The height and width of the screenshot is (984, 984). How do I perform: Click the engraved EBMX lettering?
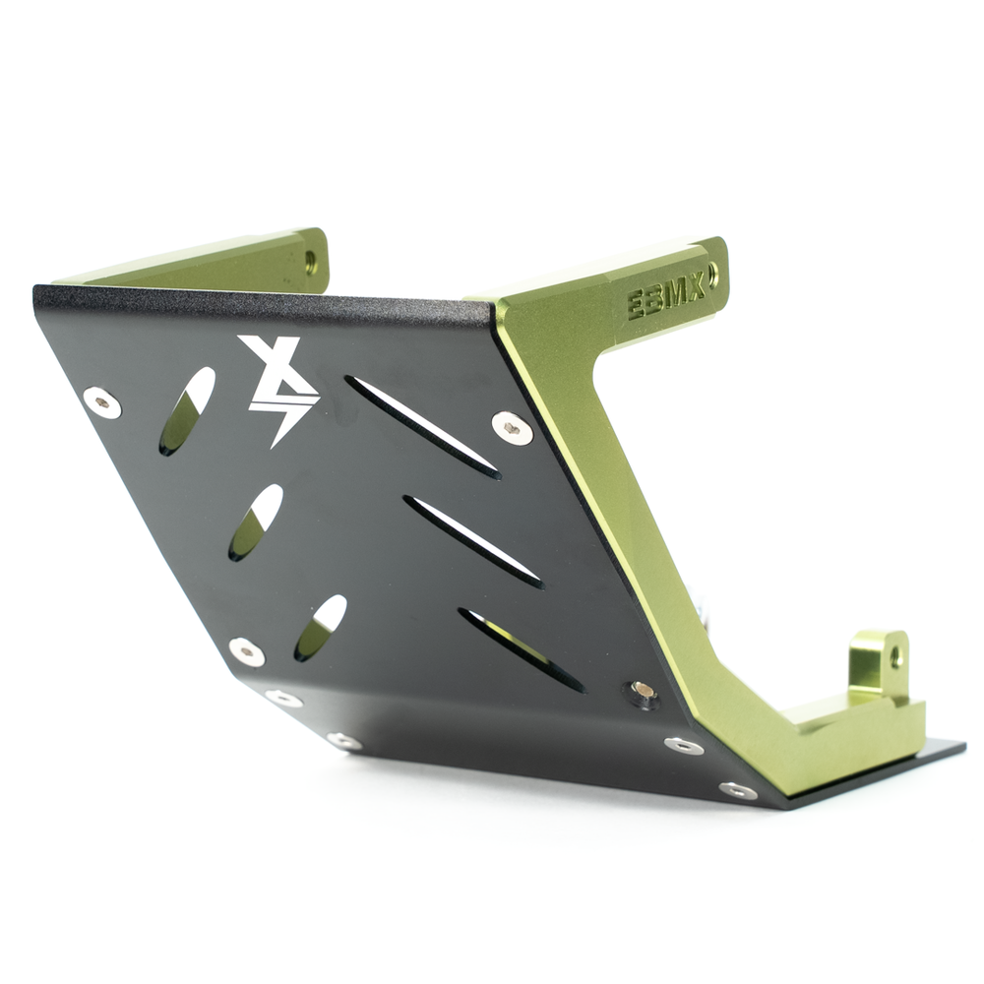click(x=666, y=296)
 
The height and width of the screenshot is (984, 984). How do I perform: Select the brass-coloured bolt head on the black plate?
click(x=644, y=690)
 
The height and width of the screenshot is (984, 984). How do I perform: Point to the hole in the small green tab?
click(x=896, y=658)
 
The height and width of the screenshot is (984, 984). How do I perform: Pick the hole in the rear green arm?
click(x=311, y=262)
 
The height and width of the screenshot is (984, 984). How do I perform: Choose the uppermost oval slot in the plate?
click(x=187, y=410)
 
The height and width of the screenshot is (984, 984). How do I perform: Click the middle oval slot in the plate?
click(x=256, y=523)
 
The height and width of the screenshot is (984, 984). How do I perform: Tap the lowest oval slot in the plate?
click(x=321, y=627)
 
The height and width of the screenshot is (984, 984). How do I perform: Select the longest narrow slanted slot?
click(x=422, y=427)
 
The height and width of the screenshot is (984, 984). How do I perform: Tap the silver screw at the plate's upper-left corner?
click(x=102, y=401)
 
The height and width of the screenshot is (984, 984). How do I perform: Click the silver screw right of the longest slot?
click(x=512, y=427)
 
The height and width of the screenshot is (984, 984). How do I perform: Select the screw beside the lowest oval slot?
click(x=246, y=650)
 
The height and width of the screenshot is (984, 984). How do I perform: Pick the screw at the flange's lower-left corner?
click(x=283, y=698)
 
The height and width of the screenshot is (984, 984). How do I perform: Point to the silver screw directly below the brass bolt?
click(x=683, y=745)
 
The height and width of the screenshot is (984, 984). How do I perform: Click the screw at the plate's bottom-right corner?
click(x=738, y=790)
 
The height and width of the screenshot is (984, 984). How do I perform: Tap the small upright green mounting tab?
click(x=879, y=664)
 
